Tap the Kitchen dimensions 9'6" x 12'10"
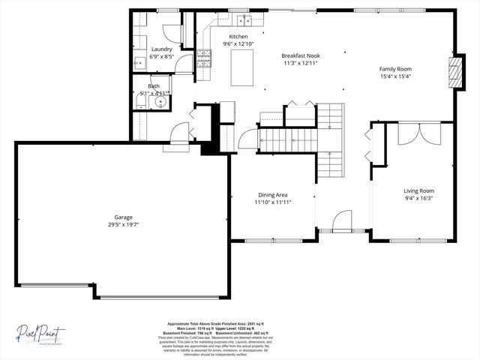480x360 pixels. (x=238, y=44)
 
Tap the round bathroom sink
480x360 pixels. (x=160, y=102)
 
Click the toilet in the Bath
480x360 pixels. (x=140, y=103)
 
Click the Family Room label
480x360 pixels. (x=395, y=69)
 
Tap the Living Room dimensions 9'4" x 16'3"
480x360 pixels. (x=418, y=198)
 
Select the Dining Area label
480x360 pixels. (x=272, y=194)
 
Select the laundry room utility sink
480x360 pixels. (x=139, y=63)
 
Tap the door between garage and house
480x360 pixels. (x=179, y=133)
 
